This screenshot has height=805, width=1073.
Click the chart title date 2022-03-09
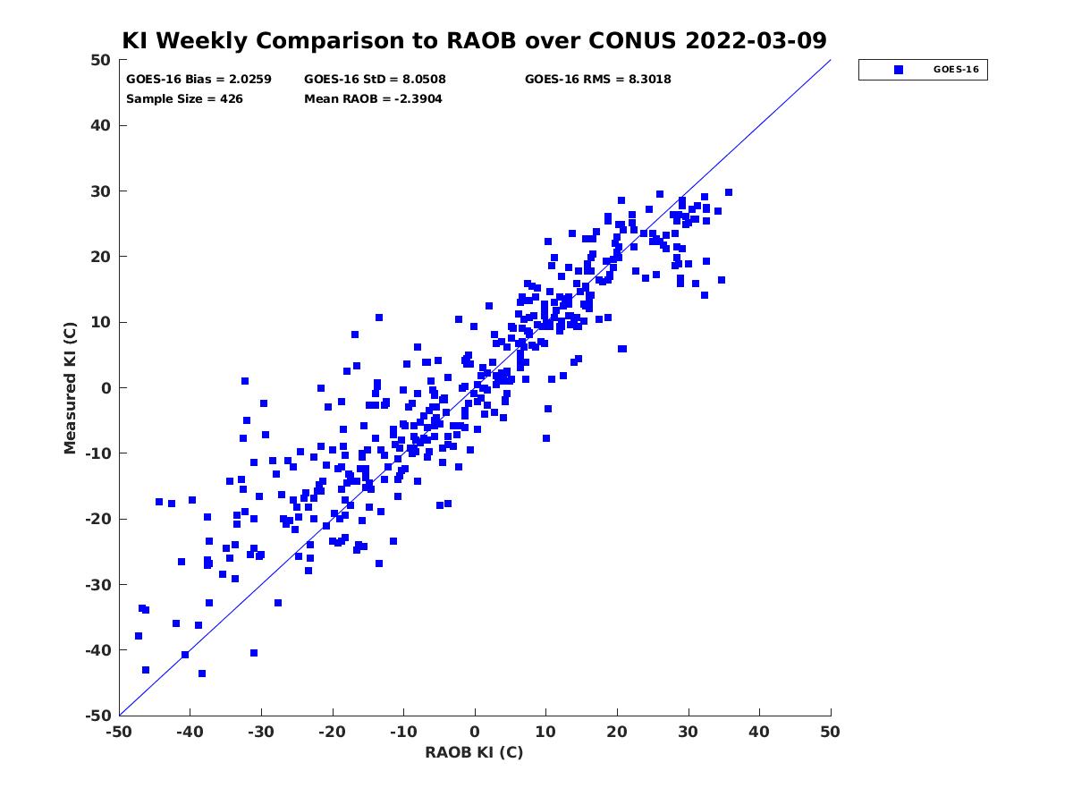(x=756, y=40)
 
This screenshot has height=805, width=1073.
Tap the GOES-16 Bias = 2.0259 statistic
(x=199, y=80)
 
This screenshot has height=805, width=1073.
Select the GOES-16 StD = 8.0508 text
(x=375, y=80)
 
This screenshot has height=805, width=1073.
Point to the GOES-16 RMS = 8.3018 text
(x=598, y=80)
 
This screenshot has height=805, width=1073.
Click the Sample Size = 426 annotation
(x=184, y=98)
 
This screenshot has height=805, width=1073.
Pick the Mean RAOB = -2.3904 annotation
(x=373, y=98)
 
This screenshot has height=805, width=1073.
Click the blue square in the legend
(x=899, y=70)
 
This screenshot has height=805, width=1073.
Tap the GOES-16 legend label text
(x=956, y=70)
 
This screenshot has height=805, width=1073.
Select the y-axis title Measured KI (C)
(x=70, y=388)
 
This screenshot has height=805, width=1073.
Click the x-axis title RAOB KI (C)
(x=474, y=752)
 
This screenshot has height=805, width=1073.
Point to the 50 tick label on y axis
(x=101, y=60)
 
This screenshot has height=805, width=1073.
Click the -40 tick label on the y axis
(x=98, y=650)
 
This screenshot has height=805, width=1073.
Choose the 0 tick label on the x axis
(x=475, y=732)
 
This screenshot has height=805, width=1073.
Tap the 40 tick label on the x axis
(x=759, y=732)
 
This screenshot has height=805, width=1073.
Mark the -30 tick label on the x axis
(x=260, y=732)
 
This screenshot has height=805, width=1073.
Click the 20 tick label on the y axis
(x=101, y=257)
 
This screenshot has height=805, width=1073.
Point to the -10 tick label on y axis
(x=98, y=453)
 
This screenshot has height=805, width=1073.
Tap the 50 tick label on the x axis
(x=830, y=732)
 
